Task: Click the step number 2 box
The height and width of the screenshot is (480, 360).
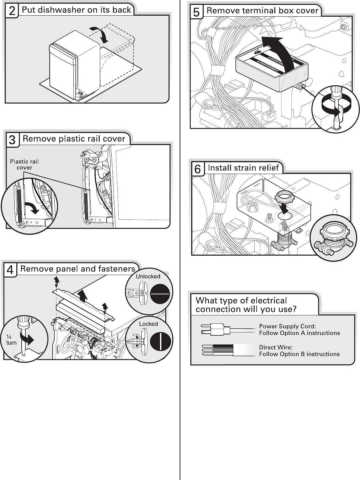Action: point(12,11)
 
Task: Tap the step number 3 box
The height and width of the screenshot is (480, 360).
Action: point(12,140)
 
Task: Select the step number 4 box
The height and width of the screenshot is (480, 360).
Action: point(10,270)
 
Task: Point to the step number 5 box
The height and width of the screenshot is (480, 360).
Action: point(196,12)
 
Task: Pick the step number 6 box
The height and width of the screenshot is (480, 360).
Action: point(198,169)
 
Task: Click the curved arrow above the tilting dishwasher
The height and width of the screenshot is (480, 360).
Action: point(100,34)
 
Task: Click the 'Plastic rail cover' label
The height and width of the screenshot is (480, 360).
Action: point(24,164)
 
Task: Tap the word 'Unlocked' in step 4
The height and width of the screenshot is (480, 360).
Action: point(148,276)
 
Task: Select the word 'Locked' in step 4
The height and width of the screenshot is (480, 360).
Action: point(148,324)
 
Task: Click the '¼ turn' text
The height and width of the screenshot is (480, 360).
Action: point(11,340)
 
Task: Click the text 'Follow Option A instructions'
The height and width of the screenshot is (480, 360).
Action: point(299,333)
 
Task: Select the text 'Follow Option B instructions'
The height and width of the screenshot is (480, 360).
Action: point(299,354)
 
